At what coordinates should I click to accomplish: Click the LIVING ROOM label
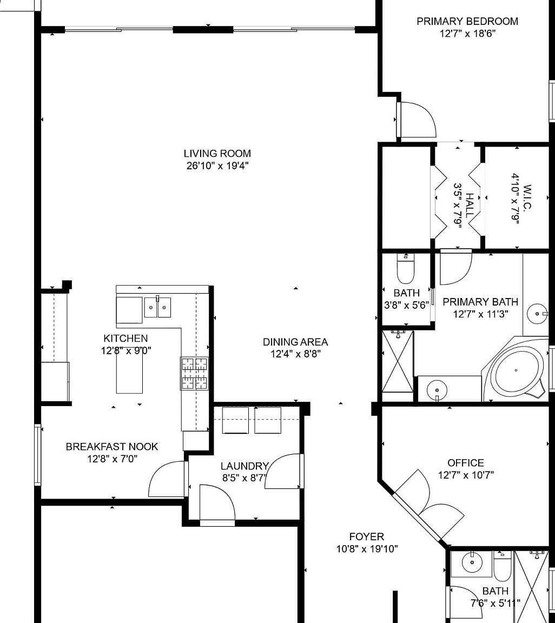(217, 154)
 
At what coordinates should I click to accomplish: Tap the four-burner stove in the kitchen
(194, 373)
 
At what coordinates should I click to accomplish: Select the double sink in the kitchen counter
(157, 307)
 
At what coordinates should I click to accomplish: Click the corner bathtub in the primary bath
(516, 370)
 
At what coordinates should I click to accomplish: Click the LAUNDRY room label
(245, 466)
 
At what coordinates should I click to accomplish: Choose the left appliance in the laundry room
(235, 420)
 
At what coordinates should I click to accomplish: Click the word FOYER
(366, 537)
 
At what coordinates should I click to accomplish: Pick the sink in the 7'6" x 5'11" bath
(471, 563)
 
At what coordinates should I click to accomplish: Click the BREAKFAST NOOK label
(112, 447)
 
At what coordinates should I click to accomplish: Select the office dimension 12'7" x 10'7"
(466, 475)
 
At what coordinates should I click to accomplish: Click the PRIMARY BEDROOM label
(467, 22)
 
